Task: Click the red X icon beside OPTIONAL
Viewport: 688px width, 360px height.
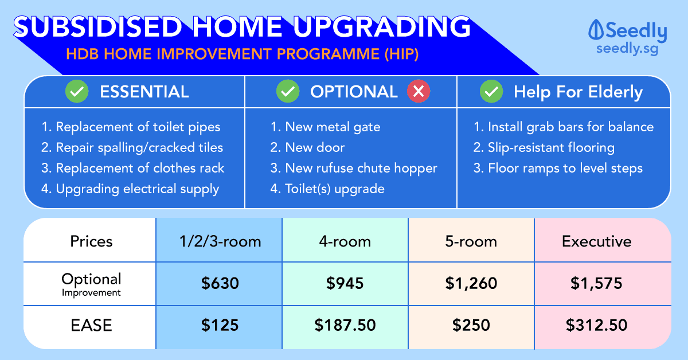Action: coord(419,91)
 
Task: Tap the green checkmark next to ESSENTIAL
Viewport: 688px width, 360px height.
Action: coord(77,91)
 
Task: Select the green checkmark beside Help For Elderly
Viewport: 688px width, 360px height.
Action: coord(491,91)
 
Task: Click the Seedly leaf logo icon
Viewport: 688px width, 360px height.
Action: coord(596,29)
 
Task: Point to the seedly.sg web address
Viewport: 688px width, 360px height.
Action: coord(627,49)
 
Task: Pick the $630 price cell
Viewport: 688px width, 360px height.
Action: coord(220,283)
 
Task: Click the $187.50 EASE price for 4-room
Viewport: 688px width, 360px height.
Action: coord(345,325)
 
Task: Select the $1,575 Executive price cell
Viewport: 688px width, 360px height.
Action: coord(596,283)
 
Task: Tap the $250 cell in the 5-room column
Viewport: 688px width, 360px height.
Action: coord(471,325)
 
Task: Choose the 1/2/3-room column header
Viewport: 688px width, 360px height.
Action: coord(220,241)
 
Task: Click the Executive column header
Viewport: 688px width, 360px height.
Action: coord(596,241)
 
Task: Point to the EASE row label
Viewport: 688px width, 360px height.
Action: coord(91,325)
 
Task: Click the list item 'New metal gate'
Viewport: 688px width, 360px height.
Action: coord(325,127)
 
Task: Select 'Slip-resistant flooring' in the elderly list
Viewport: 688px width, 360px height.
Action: coord(544,147)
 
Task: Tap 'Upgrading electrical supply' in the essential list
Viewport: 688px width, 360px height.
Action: coord(130,189)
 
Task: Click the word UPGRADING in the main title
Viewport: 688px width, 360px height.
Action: coord(382,27)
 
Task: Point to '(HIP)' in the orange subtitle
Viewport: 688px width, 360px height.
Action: coord(401,54)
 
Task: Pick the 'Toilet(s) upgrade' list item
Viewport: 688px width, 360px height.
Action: coord(327,189)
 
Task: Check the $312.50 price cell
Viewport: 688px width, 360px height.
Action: coord(596,325)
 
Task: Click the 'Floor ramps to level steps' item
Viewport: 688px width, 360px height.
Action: coord(558,169)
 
